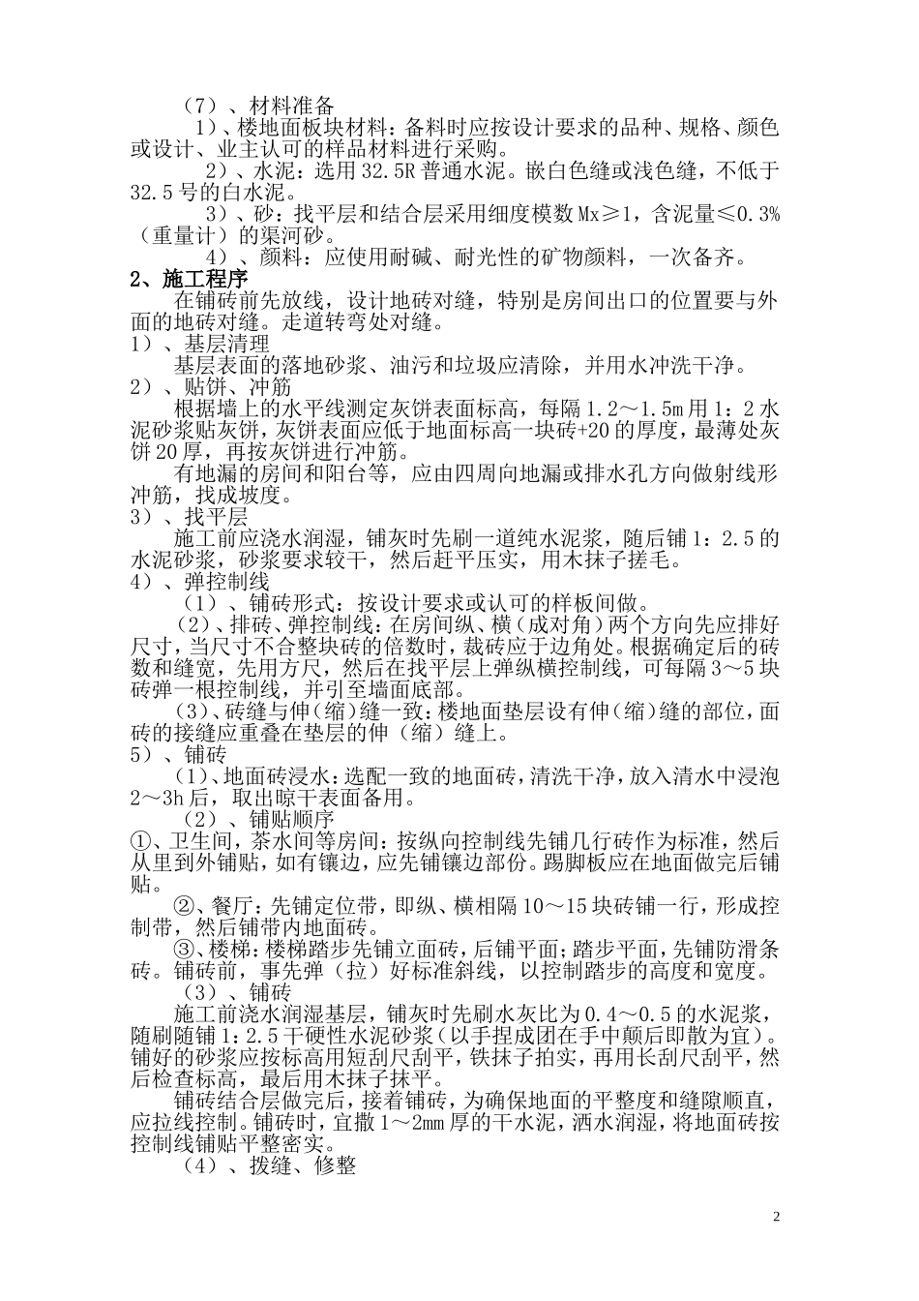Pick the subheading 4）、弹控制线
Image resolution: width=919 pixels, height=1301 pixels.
pyautogui.click(x=199, y=582)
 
